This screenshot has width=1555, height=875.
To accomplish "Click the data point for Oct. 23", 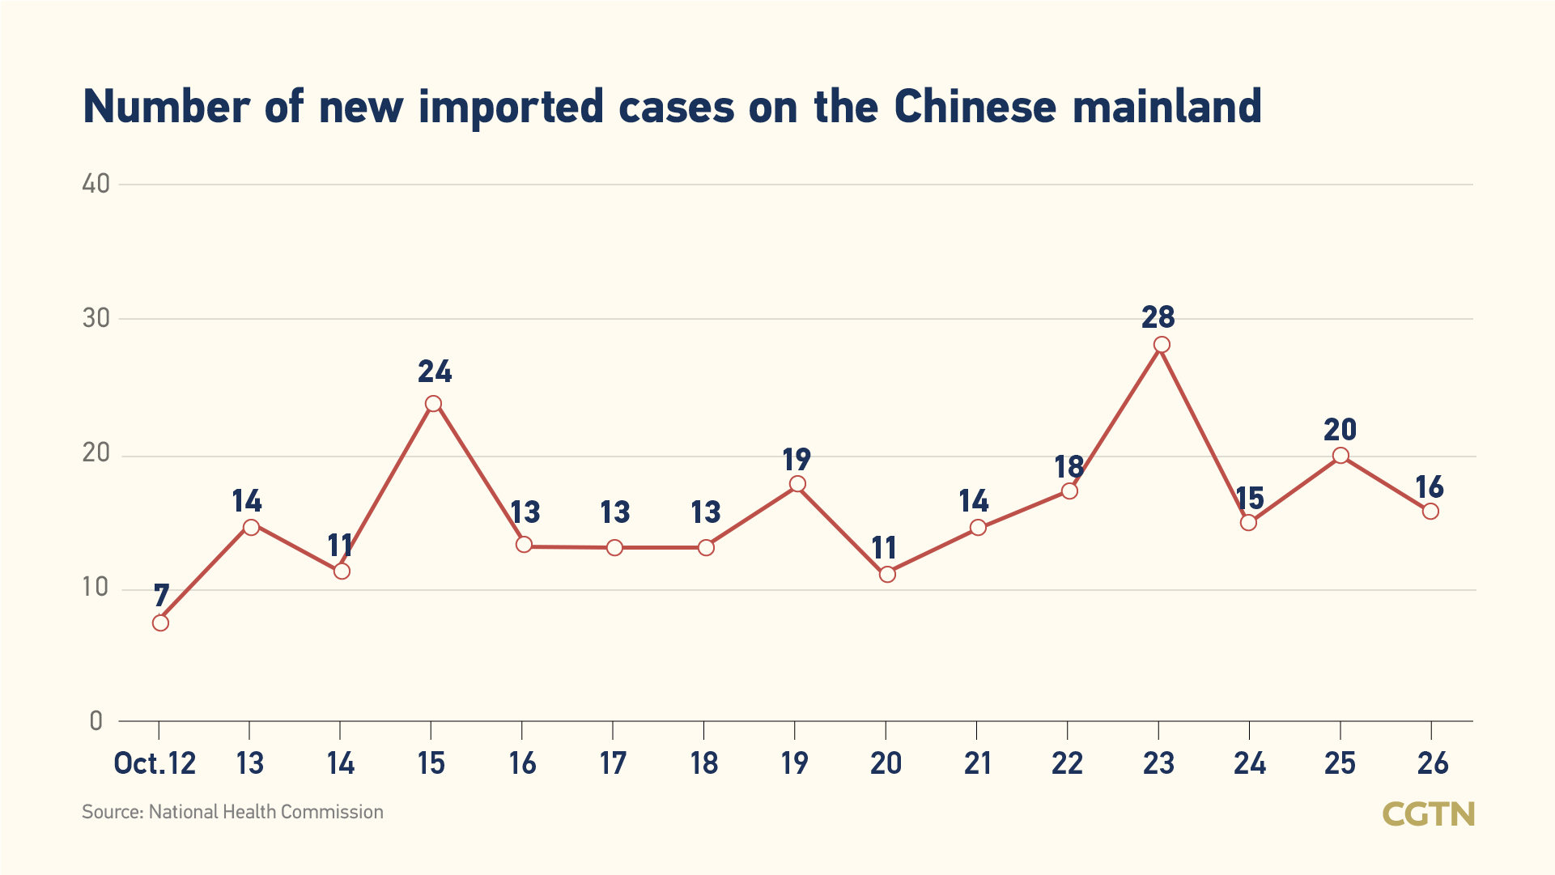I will coord(1162,345).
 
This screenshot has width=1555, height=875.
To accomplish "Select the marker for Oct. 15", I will coord(433,404).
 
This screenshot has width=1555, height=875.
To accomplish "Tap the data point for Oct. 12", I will coord(160,622).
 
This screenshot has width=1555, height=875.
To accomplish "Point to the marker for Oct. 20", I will coord(887,574).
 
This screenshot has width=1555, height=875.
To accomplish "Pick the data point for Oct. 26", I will coord(1430,511).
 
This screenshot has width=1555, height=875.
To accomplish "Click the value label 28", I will coord(1158,317).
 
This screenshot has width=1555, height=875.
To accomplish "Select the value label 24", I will coord(435,372).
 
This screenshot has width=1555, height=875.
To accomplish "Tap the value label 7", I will coord(161,596).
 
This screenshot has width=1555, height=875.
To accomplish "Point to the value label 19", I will coord(797,460).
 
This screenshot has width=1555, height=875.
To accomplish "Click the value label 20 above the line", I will coord(1340,429).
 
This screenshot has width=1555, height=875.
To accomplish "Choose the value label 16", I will coord(1430,487).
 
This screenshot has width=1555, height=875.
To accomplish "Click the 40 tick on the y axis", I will coord(96,184).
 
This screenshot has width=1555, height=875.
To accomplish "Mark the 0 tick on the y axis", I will coord(96,720).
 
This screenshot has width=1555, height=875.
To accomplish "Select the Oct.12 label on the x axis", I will coord(155,763).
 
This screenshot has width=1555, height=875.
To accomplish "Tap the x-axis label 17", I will coord(613,763).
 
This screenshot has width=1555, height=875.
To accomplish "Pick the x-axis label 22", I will coord(1067,763).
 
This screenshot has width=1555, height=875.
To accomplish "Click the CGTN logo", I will coord(1429,813).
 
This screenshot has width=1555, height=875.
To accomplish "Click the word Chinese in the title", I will coord(975,107).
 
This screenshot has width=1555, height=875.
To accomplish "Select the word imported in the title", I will coord(511,107).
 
